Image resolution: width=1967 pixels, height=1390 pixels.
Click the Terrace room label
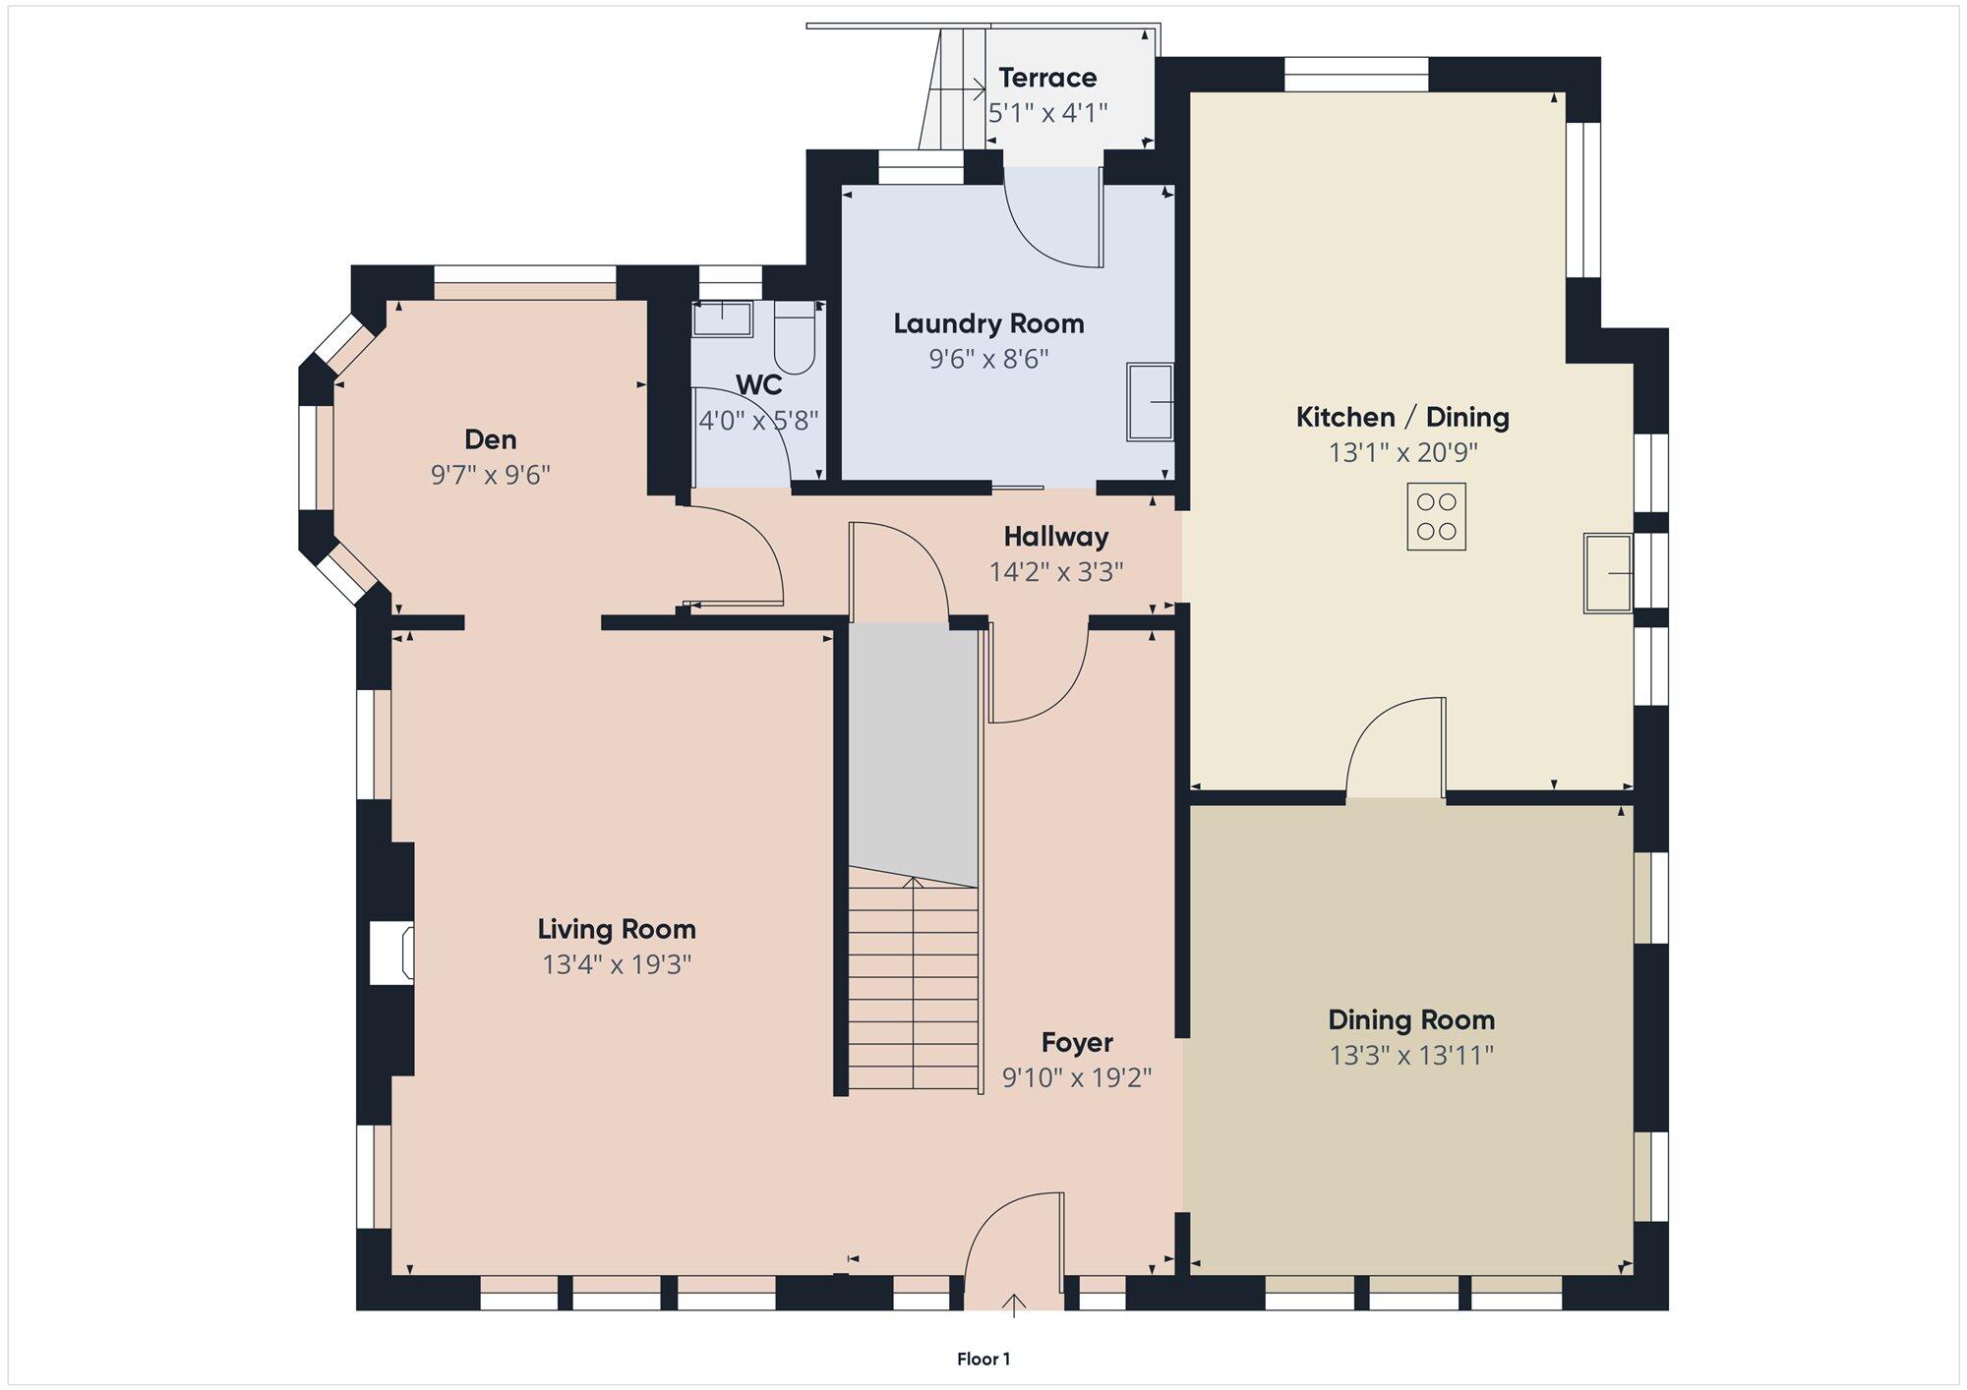(1047, 78)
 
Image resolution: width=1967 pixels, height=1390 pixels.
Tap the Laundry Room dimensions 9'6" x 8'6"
(988, 359)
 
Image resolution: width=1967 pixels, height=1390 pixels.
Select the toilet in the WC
(795, 338)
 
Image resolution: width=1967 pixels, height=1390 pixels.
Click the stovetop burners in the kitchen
(1436, 516)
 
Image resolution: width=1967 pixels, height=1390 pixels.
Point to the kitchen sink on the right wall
(1608, 573)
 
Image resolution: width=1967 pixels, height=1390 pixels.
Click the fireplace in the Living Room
(391, 953)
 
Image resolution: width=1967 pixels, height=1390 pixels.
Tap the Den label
(490, 439)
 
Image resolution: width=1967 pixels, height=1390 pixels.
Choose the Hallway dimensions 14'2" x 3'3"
(1056, 572)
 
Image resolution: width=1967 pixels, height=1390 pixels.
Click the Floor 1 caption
(983, 1360)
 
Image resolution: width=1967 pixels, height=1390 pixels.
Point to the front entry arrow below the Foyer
(1014, 1305)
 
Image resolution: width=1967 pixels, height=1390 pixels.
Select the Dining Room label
(1411, 1020)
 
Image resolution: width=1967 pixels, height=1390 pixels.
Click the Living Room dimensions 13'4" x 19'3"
(617, 965)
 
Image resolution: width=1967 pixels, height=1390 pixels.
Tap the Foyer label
(1077, 1043)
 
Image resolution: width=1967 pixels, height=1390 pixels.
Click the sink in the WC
(722, 319)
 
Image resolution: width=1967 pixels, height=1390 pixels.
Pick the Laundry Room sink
(1150, 402)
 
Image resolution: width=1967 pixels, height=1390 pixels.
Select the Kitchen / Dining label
(1402, 418)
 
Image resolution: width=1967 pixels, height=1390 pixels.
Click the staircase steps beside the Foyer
(914, 983)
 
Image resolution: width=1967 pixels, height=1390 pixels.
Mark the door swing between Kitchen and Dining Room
(1396, 747)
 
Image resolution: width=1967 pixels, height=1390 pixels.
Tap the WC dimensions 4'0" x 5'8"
(758, 422)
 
